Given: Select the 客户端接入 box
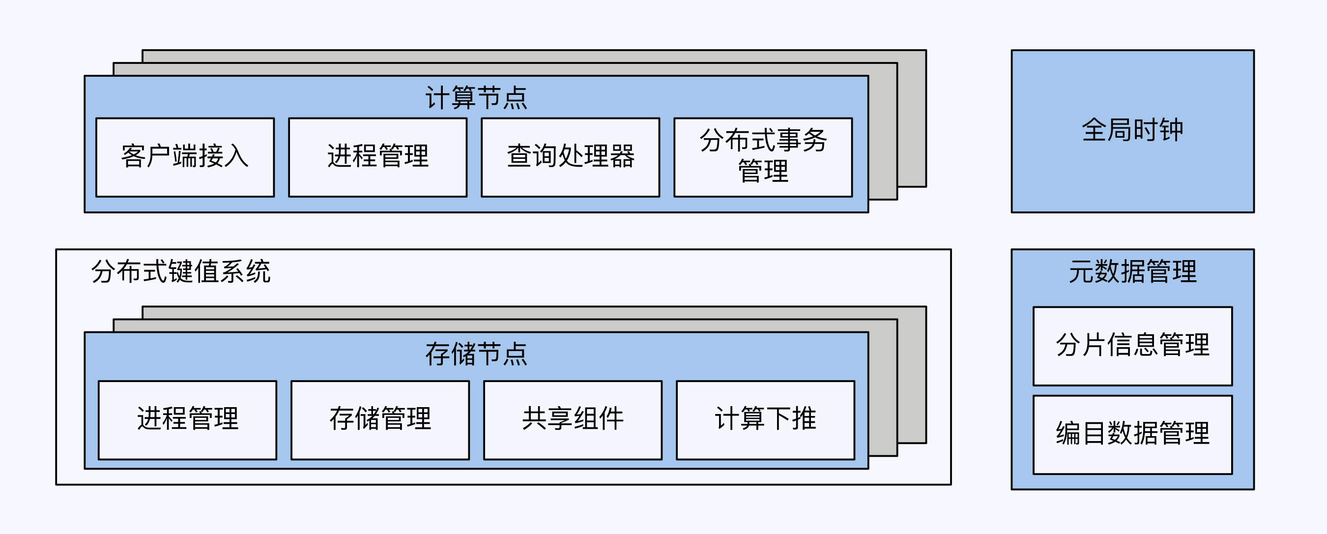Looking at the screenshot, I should coord(185,157).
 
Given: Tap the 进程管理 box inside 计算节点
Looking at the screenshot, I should coord(377,157).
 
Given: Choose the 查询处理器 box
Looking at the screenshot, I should coord(570,157).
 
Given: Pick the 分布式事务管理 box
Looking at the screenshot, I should coord(763,157).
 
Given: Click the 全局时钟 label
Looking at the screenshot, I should coord(1132,130).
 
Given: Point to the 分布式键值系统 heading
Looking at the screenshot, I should coord(180,271).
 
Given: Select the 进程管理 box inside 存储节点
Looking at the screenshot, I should coord(188,419).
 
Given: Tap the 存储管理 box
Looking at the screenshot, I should coord(380,419).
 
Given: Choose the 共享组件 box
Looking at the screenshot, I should coord(573,419).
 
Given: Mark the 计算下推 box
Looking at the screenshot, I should coord(766,419).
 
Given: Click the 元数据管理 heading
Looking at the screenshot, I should coord(1132,271).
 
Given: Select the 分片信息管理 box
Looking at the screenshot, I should coord(1132,346).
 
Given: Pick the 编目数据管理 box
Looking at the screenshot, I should coord(1132,434).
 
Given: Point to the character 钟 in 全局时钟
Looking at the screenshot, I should coord(1171,130).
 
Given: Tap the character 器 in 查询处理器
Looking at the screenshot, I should coord(622,156).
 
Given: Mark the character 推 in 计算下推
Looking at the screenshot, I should coord(804,418).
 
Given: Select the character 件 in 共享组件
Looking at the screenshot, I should coord(611,418).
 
